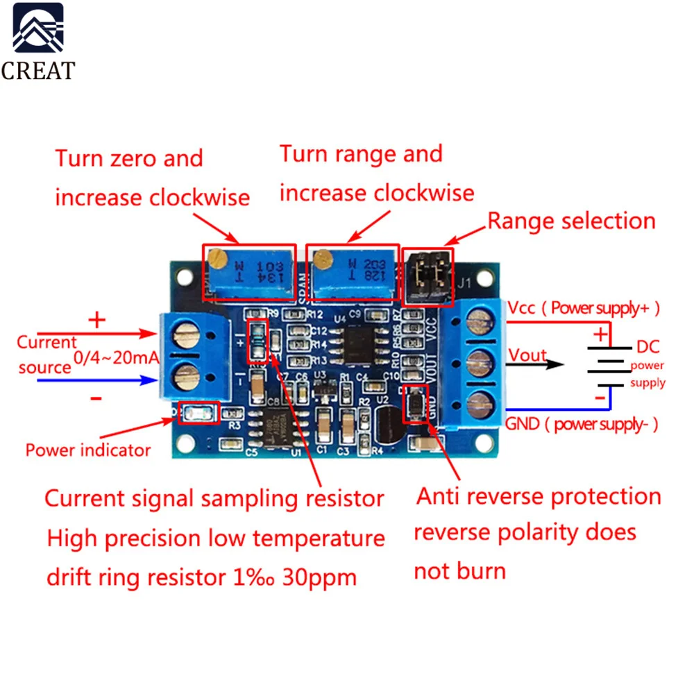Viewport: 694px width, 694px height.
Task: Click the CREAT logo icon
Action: tap(37, 31)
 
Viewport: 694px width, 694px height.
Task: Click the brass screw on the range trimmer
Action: tap(321, 260)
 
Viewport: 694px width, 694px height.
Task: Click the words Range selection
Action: tap(571, 221)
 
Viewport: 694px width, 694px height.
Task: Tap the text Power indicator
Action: tap(88, 450)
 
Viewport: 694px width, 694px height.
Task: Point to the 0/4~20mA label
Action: tap(117, 359)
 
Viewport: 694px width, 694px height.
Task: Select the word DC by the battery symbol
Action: tap(648, 347)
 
